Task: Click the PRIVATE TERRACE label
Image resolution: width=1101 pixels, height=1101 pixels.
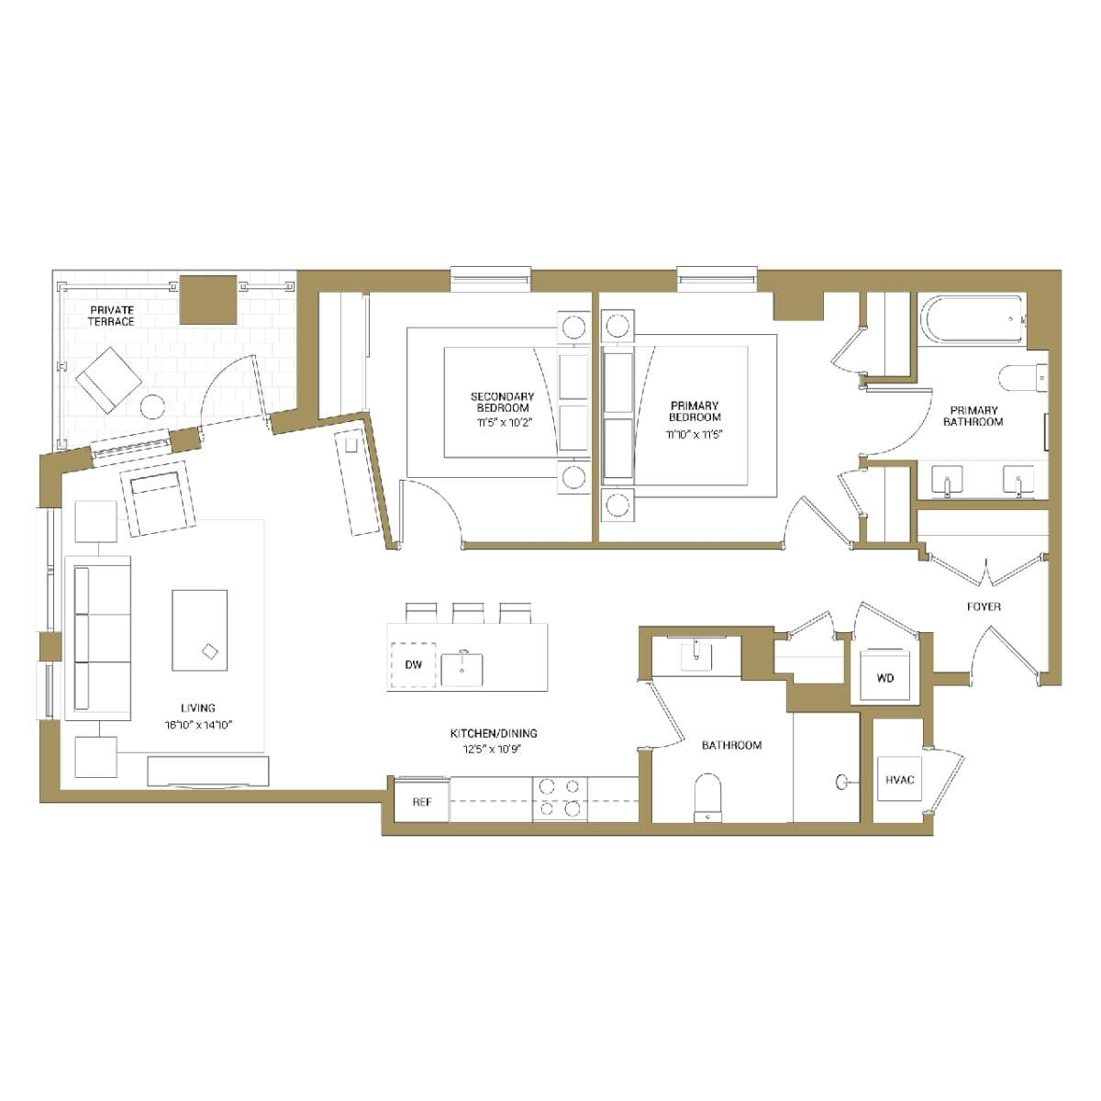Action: pos(111,316)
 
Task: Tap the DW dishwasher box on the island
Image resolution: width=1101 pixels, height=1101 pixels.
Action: pos(414,664)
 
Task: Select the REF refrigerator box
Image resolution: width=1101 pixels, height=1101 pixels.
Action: pos(421,802)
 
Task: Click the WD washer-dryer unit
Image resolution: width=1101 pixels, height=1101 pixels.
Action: pos(884,678)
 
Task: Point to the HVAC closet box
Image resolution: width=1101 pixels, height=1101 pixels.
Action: pos(899,780)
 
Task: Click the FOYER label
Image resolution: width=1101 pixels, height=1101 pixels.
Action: pos(984,606)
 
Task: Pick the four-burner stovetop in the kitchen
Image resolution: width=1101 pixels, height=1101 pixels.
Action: pos(560,797)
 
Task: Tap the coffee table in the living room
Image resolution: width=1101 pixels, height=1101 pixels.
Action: pos(199,630)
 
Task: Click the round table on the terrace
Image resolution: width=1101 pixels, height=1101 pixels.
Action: pos(152,406)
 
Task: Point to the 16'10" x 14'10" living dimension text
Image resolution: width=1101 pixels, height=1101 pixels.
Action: pos(198,725)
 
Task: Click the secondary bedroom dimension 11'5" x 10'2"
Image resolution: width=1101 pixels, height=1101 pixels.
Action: pos(503,423)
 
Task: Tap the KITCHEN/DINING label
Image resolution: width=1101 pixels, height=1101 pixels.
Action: pos(494,733)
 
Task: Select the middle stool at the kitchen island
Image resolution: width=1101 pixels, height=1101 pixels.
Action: pos(468,612)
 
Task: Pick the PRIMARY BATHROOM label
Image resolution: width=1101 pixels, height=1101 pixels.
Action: pos(973,417)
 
